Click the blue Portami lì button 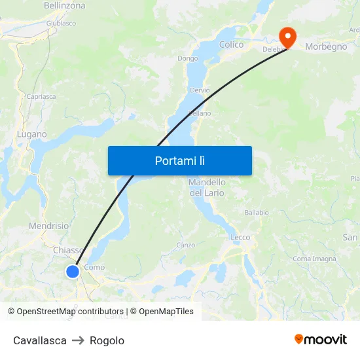(179, 160)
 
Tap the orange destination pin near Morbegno (287, 35)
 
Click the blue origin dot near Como (73, 271)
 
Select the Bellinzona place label (64, 5)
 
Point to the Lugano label (31, 134)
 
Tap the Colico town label (231, 45)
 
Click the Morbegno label (326, 46)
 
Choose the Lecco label (240, 237)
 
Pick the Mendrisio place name (48, 226)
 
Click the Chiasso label (67, 250)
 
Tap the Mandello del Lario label (207, 187)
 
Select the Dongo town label (187, 58)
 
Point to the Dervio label (200, 90)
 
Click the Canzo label (186, 245)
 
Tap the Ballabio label (257, 212)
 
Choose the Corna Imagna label (314, 259)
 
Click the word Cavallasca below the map (40, 340)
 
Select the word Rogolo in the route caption (107, 340)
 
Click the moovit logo (320, 339)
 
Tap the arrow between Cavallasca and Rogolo (78, 340)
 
